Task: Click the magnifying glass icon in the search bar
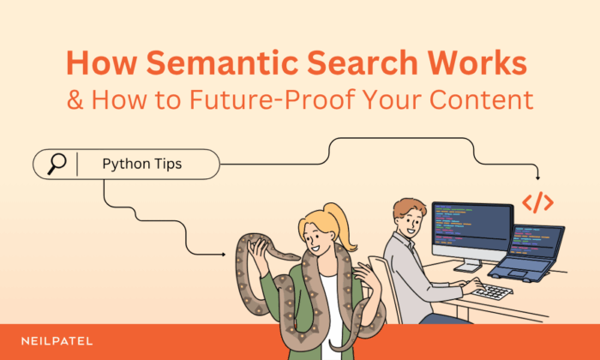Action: (57, 164)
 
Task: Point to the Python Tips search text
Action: (141, 164)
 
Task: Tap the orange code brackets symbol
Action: (537, 202)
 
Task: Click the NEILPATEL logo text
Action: (58, 341)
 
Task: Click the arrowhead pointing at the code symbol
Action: (537, 177)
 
